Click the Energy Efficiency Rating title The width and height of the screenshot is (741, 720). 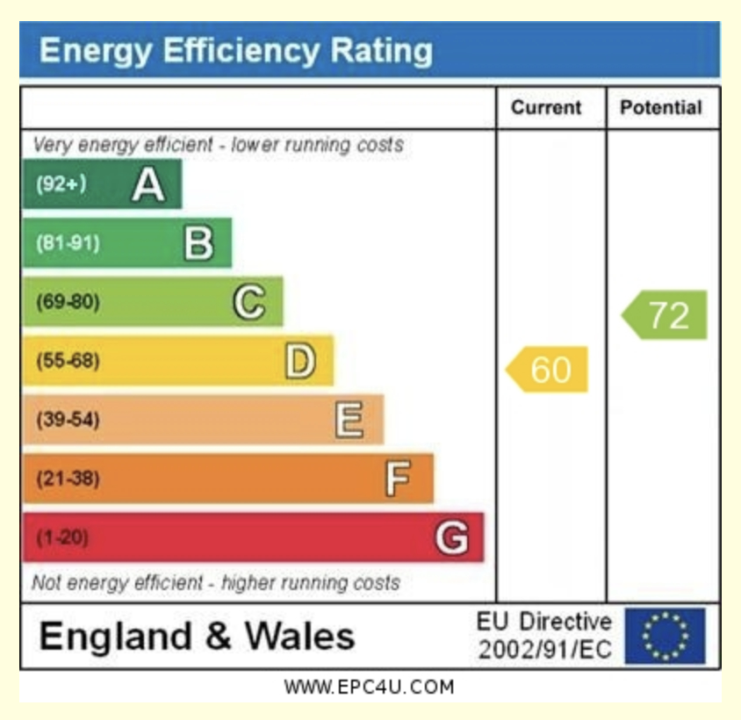pyautogui.click(x=235, y=50)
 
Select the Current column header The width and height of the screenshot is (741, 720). pyautogui.click(x=546, y=108)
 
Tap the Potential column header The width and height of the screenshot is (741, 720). pyautogui.click(x=661, y=108)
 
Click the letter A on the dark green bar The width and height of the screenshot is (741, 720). pyautogui.click(x=147, y=184)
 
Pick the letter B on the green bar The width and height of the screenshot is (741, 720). pyautogui.click(x=198, y=243)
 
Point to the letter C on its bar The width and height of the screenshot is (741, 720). pyautogui.click(x=249, y=302)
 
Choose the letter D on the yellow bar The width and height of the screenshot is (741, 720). pyautogui.click(x=300, y=361)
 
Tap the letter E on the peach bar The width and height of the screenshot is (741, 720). pyautogui.click(x=349, y=420)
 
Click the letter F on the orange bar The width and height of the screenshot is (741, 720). pyautogui.click(x=399, y=479)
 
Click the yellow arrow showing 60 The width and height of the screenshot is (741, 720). pyautogui.click(x=548, y=370)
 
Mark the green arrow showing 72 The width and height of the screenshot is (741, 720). pyautogui.click(x=665, y=315)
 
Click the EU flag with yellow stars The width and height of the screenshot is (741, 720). pyautogui.click(x=665, y=637)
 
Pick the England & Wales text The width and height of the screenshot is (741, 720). pyautogui.click(x=197, y=637)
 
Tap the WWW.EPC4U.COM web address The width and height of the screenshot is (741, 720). pyautogui.click(x=370, y=688)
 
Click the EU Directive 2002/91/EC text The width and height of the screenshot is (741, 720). pyautogui.click(x=544, y=637)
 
